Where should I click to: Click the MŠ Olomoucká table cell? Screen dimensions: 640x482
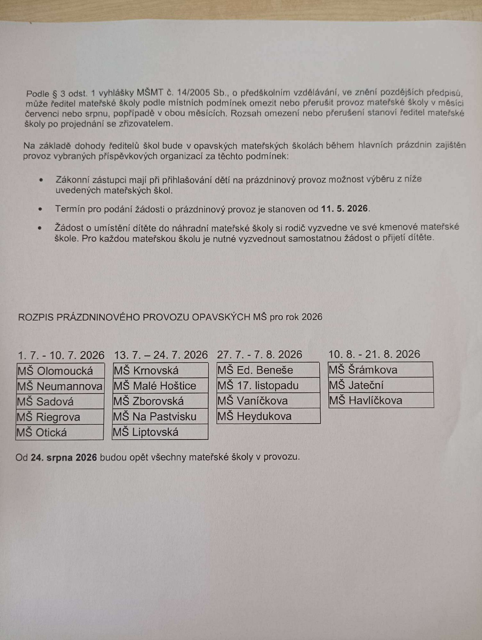60,371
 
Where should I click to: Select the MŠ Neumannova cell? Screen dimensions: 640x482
60,386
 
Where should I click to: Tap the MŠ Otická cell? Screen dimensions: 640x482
59,432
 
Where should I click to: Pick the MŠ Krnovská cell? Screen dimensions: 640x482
160,370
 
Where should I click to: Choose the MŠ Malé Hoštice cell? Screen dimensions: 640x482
160,386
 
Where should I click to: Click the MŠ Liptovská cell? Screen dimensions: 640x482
160,432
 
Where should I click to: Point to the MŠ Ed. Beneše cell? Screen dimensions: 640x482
268,370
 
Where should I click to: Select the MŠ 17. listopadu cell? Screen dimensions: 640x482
268,385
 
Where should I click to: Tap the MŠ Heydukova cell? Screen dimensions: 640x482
268,416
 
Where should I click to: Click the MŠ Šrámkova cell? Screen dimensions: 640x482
381,370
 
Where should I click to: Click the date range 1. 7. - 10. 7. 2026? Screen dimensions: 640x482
61,355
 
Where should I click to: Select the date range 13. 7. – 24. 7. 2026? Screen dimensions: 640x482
161,355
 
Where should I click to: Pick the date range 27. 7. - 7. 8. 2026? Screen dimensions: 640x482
260,354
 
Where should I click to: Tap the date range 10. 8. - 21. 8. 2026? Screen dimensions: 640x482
374,354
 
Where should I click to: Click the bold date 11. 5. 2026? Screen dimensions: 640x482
344,209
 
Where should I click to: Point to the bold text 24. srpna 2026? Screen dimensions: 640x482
64,457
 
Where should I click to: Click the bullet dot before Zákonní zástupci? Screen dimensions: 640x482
41,180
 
